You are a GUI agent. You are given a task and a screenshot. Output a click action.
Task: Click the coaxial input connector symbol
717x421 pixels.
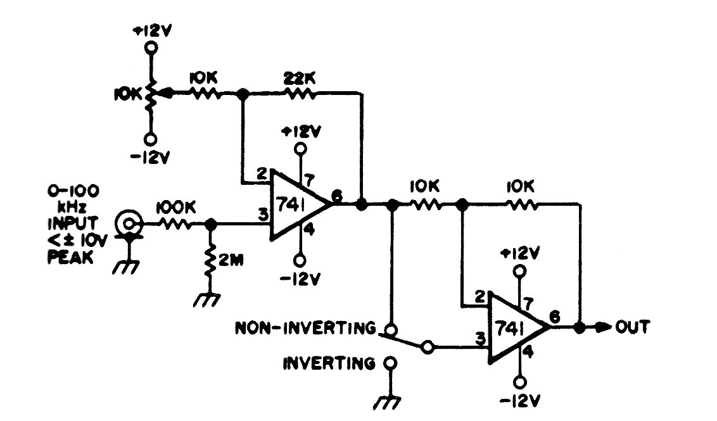tap(129, 223)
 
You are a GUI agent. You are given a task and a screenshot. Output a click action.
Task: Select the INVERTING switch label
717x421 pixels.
tap(329, 363)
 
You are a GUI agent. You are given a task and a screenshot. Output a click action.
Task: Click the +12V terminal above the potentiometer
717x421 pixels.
tap(151, 47)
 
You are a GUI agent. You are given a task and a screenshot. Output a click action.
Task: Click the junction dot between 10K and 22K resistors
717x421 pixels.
tap(241, 94)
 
